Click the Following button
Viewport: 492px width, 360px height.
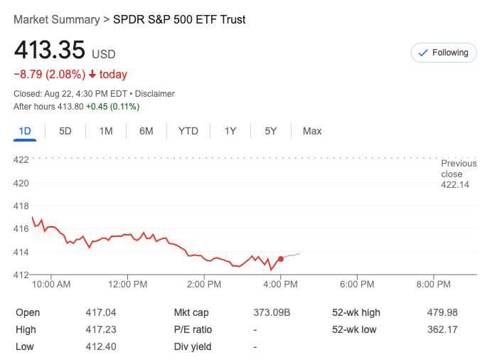tap(444, 53)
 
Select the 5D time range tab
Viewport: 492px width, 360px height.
tap(65, 131)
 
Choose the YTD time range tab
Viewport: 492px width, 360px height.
tap(188, 131)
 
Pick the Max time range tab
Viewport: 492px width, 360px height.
tap(312, 131)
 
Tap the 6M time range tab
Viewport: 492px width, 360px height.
tap(146, 131)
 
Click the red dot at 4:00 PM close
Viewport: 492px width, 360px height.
tap(281, 259)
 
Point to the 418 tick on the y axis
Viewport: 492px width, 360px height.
tap(21, 206)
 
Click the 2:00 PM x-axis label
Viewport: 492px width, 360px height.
tap(204, 284)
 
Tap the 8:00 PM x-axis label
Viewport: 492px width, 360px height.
tap(433, 284)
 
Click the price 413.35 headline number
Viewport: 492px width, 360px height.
tap(49, 51)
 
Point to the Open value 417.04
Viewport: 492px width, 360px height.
tap(100, 312)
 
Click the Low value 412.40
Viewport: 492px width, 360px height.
tap(100, 346)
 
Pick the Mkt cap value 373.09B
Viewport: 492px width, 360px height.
tap(272, 312)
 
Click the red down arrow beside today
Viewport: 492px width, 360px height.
tap(92, 74)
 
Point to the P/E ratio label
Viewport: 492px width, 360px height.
tap(193, 329)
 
